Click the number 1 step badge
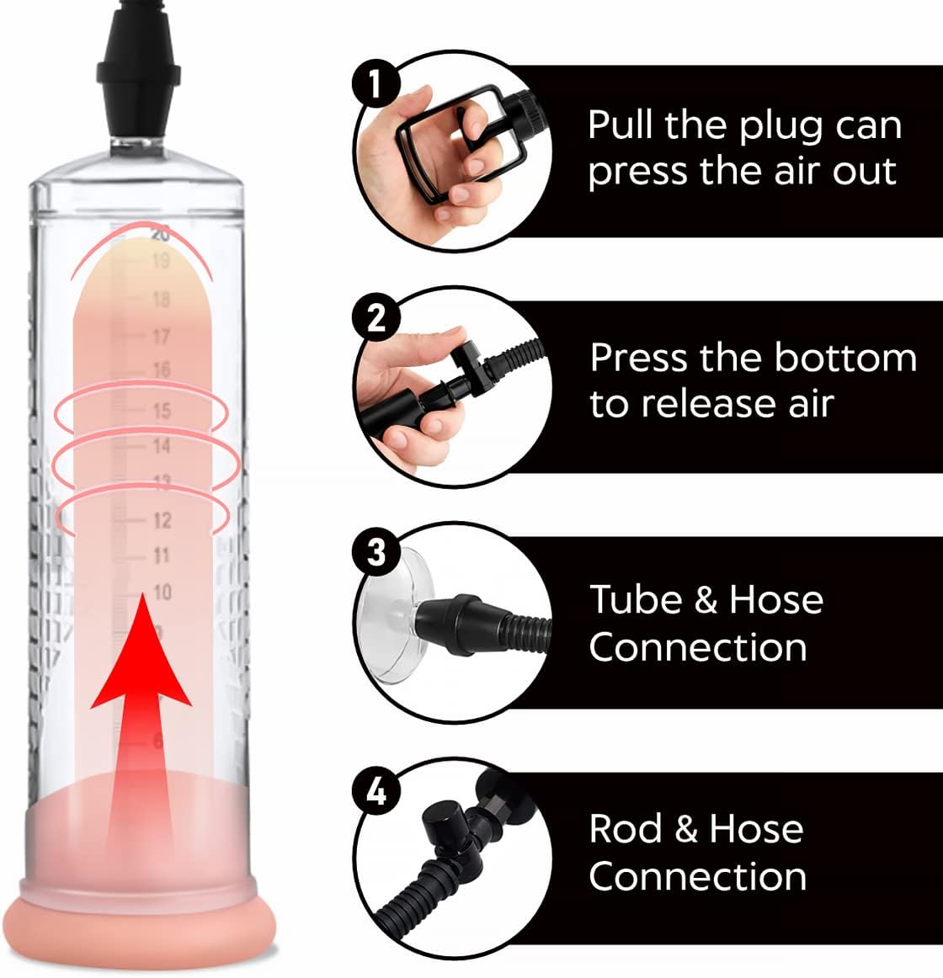(376, 83)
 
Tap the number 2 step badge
(376, 318)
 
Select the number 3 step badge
(376, 553)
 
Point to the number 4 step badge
(376, 792)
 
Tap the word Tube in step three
(636, 599)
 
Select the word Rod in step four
(626, 829)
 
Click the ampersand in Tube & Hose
(706, 600)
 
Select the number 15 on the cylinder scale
(162, 411)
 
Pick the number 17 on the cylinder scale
(161, 338)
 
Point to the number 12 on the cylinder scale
(162, 520)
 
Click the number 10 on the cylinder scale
(162, 592)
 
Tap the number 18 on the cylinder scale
(161, 300)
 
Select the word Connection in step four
(698, 876)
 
